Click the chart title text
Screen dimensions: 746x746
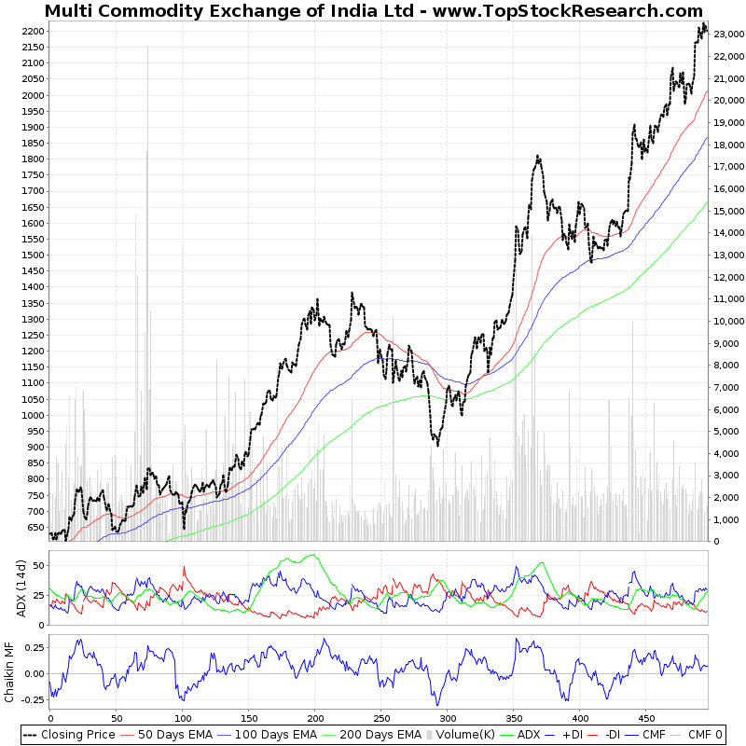click(x=373, y=11)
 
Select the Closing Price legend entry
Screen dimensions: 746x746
click(x=70, y=734)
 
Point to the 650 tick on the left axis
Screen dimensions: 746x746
click(x=35, y=527)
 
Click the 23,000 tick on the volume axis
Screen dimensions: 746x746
click(x=727, y=35)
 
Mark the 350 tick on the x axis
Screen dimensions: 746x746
click(x=514, y=719)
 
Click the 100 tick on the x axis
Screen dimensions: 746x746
click(x=183, y=719)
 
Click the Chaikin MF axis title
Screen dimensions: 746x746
click(x=9, y=671)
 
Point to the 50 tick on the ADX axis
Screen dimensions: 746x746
click(x=38, y=565)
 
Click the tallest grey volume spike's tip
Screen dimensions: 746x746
click(x=147, y=47)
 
